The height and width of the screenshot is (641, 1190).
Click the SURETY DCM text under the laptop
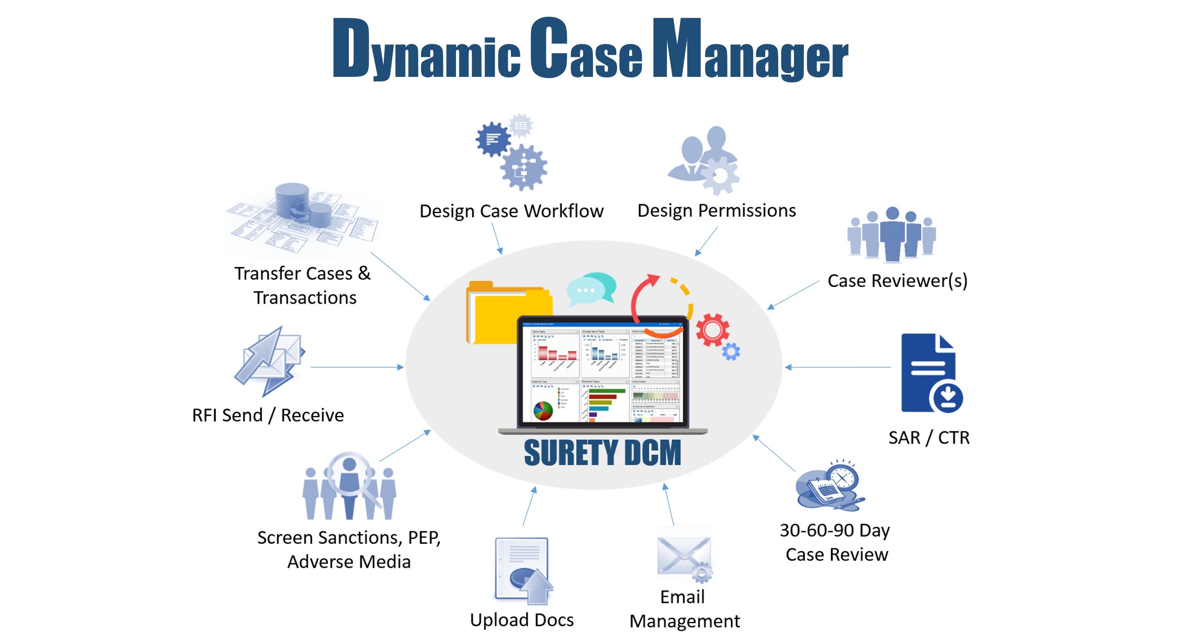click(x=602, y=453)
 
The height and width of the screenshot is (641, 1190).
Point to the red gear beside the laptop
click(x=712, y=330)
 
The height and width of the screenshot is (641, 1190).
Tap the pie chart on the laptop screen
click(x=543, y=410)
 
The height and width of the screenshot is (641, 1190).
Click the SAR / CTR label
click(x=929, y=438)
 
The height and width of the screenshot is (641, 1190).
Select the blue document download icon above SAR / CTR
click(x=931, y=373)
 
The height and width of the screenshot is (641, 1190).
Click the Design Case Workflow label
click(x=511, y=211)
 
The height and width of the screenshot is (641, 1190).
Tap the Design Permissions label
click(x=716, y=211)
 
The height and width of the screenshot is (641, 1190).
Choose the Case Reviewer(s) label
click(x=898, y=281)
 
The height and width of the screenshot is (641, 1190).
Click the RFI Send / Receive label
click(x=268, y=415)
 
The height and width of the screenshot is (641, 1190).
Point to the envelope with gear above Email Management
click(x=684, y=557)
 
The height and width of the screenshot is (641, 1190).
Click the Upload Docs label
click(x=522, y=620)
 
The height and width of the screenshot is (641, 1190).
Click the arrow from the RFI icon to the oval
click(x=356, y=367)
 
